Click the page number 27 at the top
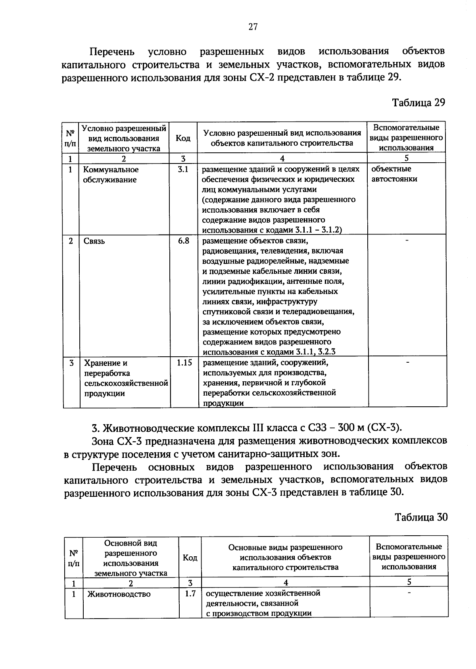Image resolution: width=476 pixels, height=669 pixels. [x=253, y=27]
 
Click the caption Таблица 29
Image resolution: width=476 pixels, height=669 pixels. [x=418, y=102]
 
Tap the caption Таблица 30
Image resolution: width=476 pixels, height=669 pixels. [x=421, y=517]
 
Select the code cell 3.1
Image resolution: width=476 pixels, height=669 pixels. [x=183, y=169]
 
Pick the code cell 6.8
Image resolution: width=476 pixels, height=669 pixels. [x=183, y=241]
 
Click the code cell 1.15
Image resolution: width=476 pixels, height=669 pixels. [x=184, y=362]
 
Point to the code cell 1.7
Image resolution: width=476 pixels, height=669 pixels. [x=190, y=594]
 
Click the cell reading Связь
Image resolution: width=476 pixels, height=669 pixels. [x=94, y=241]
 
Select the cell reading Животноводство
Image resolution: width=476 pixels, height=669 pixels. [x=119, y=594]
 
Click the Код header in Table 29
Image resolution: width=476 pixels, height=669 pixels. [x=183, y=138]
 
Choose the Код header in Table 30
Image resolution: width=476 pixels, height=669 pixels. [x=190, y=557]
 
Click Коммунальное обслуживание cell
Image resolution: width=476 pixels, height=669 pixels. [x=110, y=175]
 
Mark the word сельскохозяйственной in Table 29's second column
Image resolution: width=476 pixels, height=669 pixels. [x=126, y=383]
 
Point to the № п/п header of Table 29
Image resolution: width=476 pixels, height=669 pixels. [x=70, y=138]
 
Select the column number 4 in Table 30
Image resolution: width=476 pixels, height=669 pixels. [x=285, y=582]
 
